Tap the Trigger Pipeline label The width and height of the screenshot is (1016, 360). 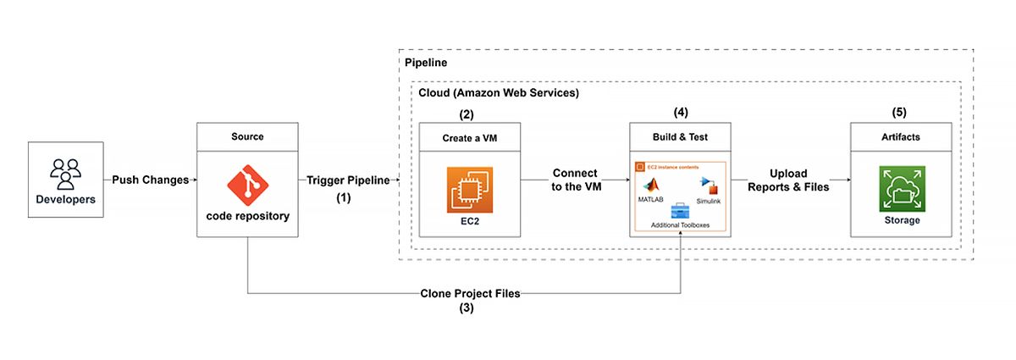pos(349,180)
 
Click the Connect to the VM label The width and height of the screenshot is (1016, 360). pos(574,180)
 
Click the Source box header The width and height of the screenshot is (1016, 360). pos(247,136)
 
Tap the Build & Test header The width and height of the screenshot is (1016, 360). pos(681,137)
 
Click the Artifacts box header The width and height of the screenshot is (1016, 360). pos(902,137)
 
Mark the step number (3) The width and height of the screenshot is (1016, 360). pos(467,308)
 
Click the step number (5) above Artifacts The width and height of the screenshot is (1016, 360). pos(902,112)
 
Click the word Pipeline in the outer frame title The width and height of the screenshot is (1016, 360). pos(428,64)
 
